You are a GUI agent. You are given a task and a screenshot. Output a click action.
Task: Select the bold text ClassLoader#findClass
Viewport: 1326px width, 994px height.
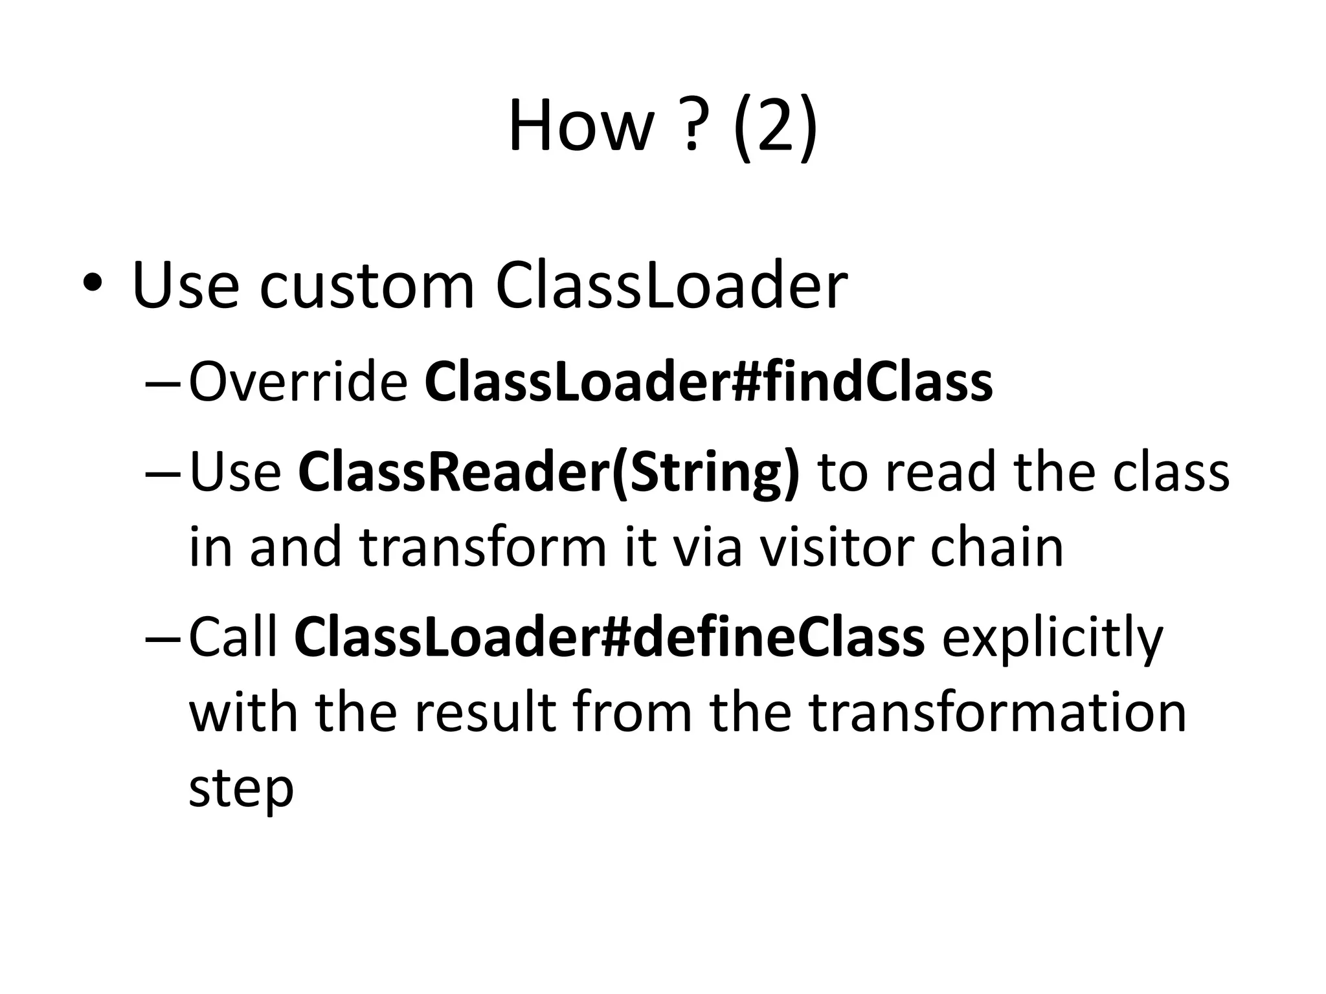click(x=708, y=382)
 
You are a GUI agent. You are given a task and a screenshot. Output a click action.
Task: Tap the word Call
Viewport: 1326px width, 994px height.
click(x=233, y=637)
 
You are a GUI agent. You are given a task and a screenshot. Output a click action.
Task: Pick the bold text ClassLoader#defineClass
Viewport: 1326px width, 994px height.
click(x=609, y=637)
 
